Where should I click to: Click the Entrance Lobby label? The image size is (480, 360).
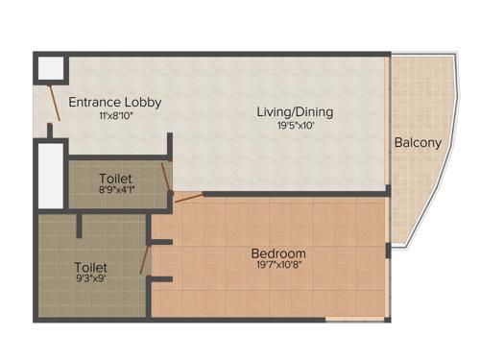click(114, 102)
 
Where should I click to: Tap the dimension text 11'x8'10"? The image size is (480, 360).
click(114, 115)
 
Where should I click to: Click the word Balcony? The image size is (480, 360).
click(418, 143)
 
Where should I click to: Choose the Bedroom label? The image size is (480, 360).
click(278, 253)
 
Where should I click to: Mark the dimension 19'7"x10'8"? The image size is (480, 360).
click(278, 267)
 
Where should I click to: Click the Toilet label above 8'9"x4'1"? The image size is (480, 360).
click(115, 179)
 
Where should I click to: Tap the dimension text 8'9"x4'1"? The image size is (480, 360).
click(115, 191)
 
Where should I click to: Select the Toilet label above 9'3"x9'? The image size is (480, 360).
click(90, 267)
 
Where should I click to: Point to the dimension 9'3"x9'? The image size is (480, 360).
click(90, 281)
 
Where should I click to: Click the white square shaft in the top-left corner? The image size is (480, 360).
click(52, 66)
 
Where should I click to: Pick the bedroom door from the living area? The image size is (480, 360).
click(189, 197)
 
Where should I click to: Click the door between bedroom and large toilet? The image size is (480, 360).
click(145, 258)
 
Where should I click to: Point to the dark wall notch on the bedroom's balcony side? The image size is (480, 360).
click(387, 252)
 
